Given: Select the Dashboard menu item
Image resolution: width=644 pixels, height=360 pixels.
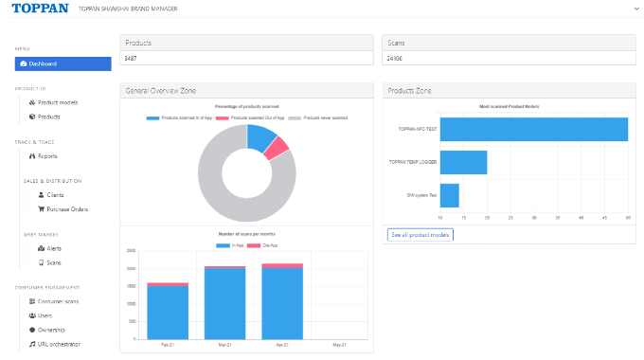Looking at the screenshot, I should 63,63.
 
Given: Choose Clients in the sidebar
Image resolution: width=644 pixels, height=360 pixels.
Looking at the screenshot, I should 55,194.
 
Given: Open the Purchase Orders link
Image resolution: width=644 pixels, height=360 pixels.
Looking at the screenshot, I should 67,208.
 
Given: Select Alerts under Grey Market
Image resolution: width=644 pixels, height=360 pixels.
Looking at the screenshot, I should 54,248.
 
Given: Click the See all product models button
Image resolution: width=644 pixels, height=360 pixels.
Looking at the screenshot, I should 420,235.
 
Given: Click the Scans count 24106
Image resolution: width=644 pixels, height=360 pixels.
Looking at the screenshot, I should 397,59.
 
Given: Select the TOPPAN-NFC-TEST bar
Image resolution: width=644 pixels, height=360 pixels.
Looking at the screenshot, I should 533,129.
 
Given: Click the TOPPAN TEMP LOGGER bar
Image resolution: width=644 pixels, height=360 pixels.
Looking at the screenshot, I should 463,162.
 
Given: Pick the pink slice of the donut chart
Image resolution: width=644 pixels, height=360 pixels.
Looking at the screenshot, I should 276,148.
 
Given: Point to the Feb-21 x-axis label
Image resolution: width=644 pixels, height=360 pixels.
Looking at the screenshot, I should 167,345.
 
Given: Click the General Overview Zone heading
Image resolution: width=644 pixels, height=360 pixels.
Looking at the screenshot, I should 157,91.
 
